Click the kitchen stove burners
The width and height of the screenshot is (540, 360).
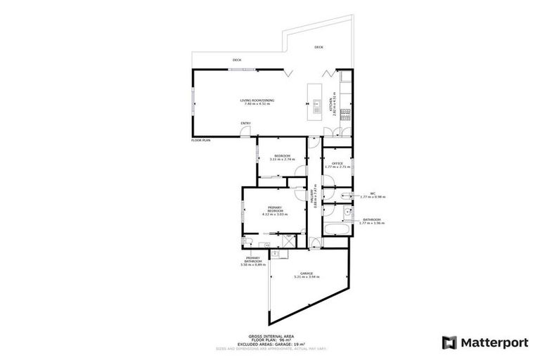point(345,114)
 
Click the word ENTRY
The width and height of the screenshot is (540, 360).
point(245,124)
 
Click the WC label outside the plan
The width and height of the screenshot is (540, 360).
point(373,193)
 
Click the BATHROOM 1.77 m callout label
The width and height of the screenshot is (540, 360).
point(373,221)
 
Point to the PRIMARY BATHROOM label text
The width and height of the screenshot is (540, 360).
point(251,261)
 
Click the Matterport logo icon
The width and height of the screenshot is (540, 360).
point(449,342)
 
